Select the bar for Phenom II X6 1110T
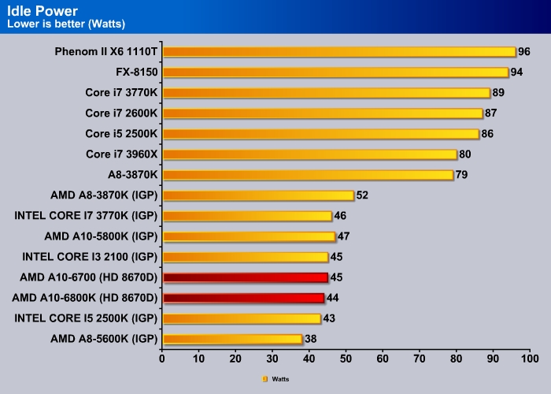338,52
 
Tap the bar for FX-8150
335,72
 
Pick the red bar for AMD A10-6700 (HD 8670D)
245,277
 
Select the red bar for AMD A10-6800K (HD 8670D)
243,298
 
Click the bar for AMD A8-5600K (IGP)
232,339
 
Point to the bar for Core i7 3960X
309,154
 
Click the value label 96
524,52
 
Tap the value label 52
363,195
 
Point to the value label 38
311,339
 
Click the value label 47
344,236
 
